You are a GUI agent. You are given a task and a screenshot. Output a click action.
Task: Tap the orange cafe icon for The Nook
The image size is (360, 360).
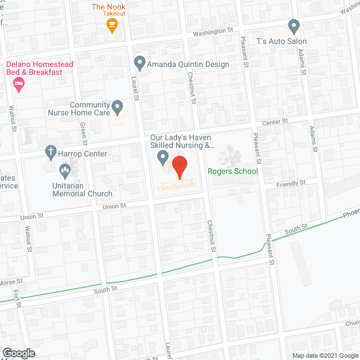click(x=112, y=24)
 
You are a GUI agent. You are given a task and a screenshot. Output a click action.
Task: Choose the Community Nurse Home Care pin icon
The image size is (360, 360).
click(x=117, y=106)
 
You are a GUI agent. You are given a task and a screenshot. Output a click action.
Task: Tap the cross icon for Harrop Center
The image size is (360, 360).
click(x=50, y=152)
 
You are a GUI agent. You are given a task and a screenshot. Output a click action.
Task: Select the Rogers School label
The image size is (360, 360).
click(x=233, y=172)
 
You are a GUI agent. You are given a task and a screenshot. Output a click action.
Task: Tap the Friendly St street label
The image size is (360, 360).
click(x=291, y=183)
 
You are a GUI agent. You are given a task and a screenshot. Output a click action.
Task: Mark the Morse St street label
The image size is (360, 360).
click(x=11, y=281)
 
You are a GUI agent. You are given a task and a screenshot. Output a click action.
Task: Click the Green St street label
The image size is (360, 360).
click(x=83, y=133)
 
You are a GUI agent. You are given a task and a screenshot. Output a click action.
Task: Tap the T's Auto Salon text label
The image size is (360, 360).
click(x=282, y=41)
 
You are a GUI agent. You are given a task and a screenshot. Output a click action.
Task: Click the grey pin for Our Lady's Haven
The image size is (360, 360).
click(x=163, y=157)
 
